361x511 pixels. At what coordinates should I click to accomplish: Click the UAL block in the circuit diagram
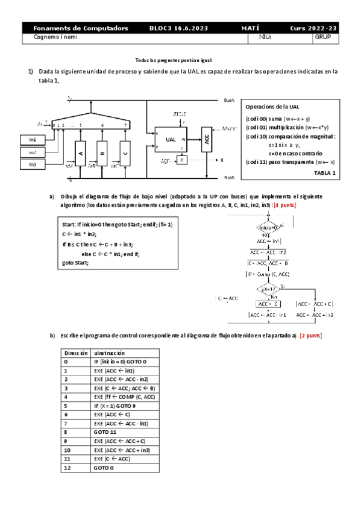tap(171, 139)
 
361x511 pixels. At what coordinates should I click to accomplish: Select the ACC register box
tap(206, 139)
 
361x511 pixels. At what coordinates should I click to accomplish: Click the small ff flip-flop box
tap(182, 160)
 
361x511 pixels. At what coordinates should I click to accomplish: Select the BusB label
tap(229, 178)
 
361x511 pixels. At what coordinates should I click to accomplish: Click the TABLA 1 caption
tap(325, 173)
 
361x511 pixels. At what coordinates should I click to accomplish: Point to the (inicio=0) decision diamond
tap(266, 227)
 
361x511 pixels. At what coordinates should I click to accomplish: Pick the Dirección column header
tap(75, 353)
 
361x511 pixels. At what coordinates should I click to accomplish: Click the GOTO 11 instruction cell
tap(105, 433)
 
